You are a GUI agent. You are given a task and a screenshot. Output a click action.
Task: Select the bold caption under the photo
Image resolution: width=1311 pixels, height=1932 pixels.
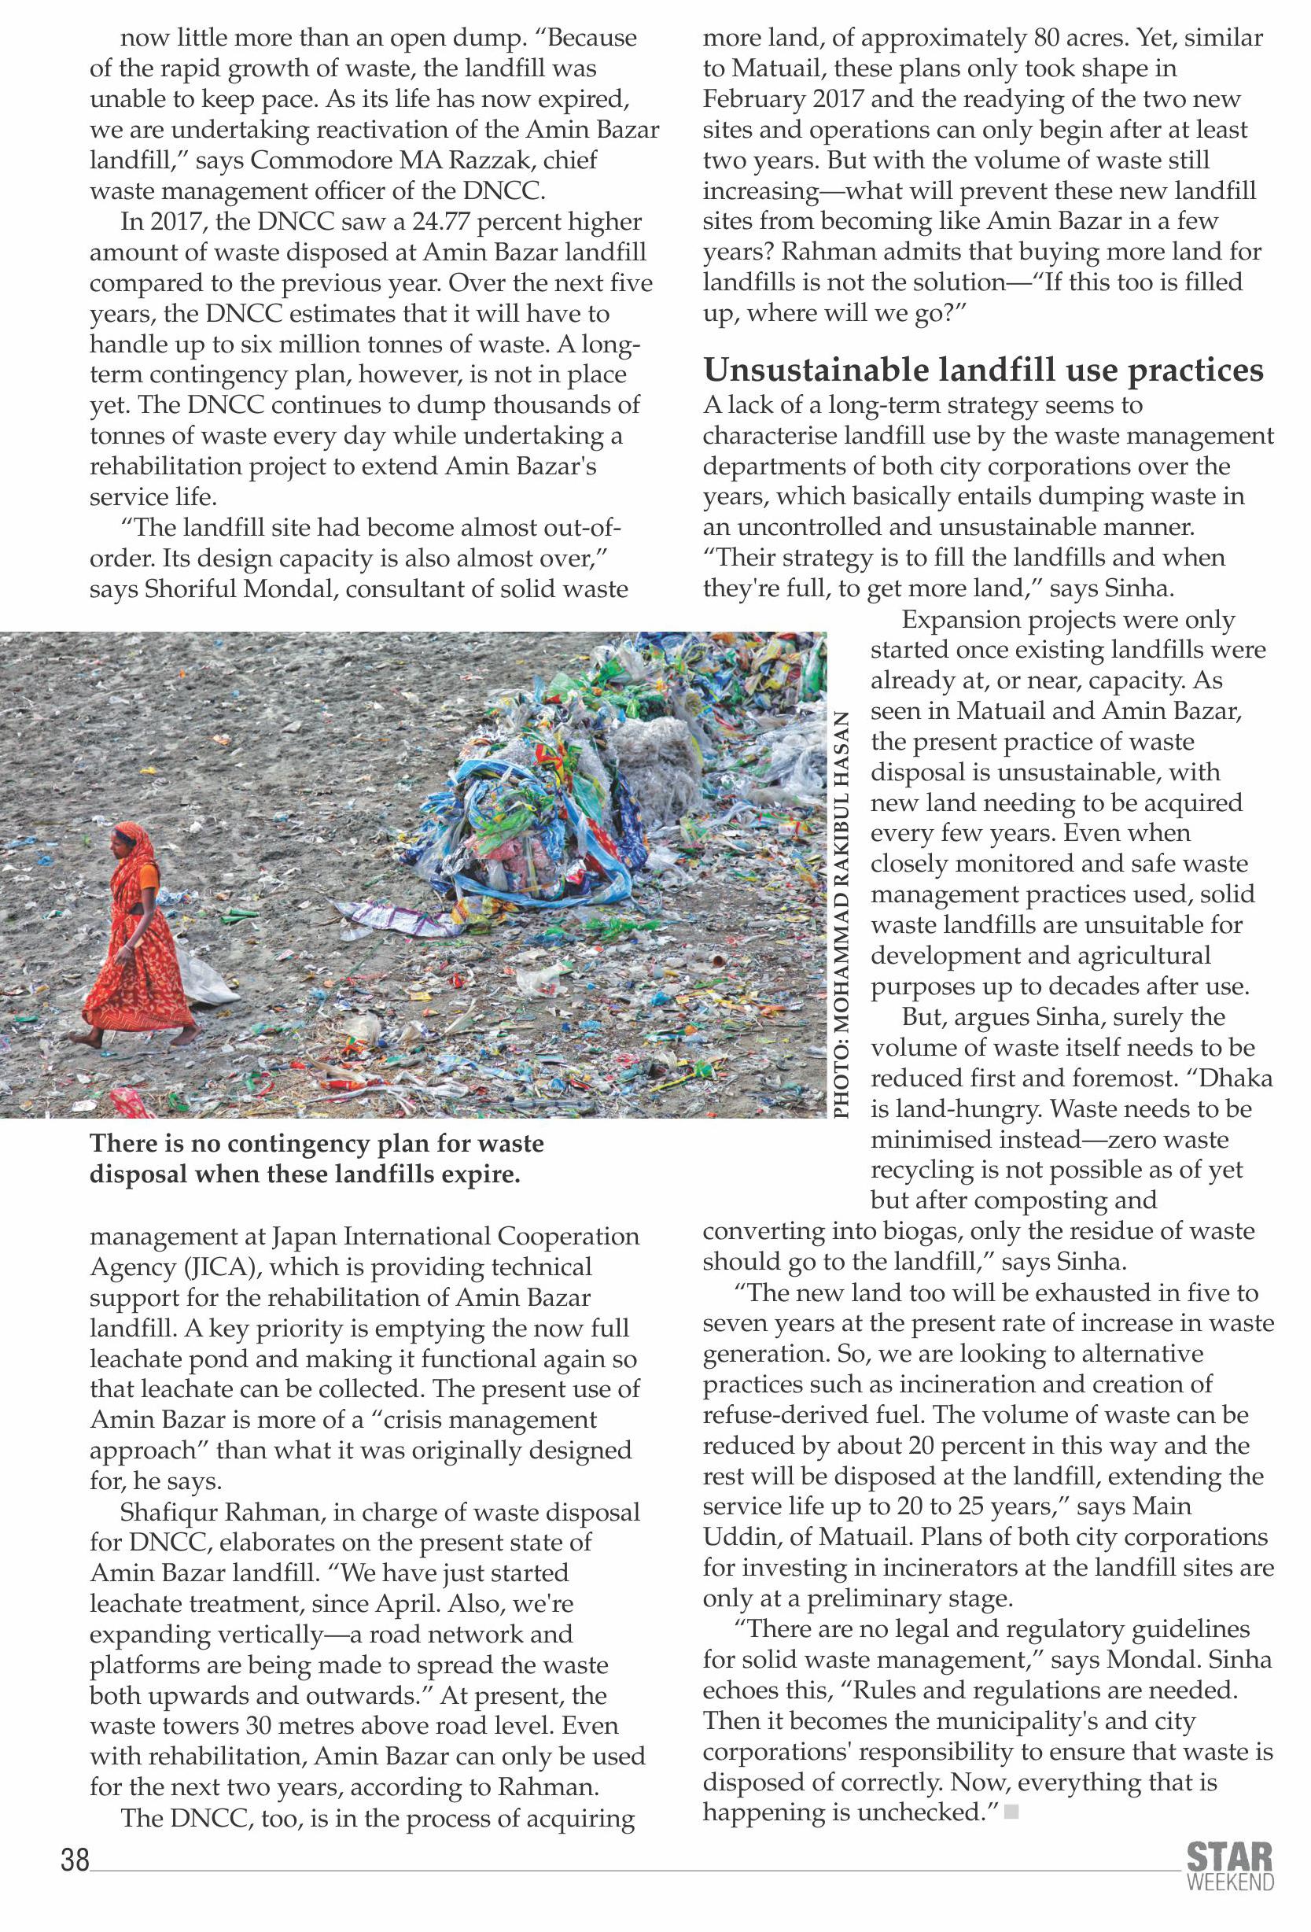pyautogui.click(x=316, y=1159)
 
